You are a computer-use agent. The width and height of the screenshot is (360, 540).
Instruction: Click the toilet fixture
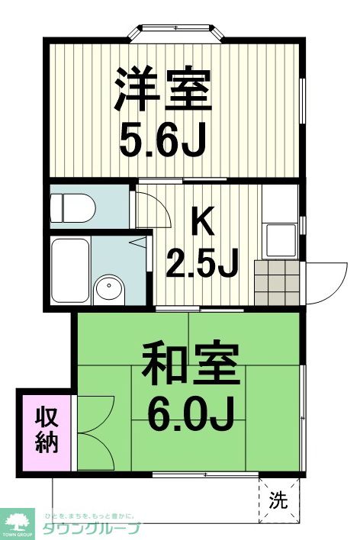coord(72,206)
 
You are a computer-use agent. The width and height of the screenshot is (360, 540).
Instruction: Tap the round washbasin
coord(109,289)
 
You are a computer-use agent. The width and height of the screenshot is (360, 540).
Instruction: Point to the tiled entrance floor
coord(278,281)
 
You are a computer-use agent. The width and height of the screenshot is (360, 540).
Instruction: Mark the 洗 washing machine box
coord(279,500)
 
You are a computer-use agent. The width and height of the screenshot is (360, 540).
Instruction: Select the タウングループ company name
coord(90,529)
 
